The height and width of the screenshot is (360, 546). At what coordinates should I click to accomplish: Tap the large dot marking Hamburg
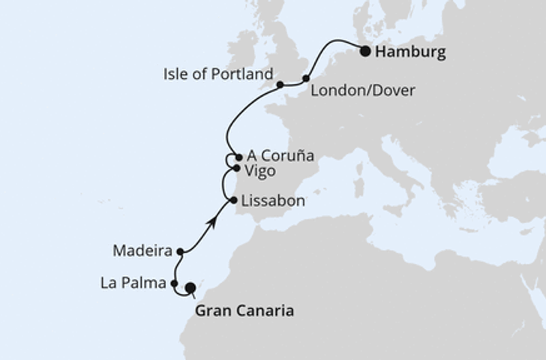click(365, 52)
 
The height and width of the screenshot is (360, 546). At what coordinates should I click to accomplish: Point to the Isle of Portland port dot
click(280, 85)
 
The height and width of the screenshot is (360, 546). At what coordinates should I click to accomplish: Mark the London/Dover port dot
click(306, 78)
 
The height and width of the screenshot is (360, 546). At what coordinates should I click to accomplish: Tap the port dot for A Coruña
click(238, 157)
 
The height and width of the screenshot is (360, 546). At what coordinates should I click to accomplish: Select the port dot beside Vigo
click(237, 169)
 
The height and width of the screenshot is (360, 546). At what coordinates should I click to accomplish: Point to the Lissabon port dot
click(234, 200)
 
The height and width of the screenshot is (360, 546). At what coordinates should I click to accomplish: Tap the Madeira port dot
click(180, 252)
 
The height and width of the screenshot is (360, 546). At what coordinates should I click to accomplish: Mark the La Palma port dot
click(174, 283)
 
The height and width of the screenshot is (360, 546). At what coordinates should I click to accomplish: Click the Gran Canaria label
click(244, 310)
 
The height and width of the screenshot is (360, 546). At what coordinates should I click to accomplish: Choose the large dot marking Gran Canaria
click(190, 286)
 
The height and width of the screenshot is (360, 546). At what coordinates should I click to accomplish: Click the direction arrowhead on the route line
click(214, 220)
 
